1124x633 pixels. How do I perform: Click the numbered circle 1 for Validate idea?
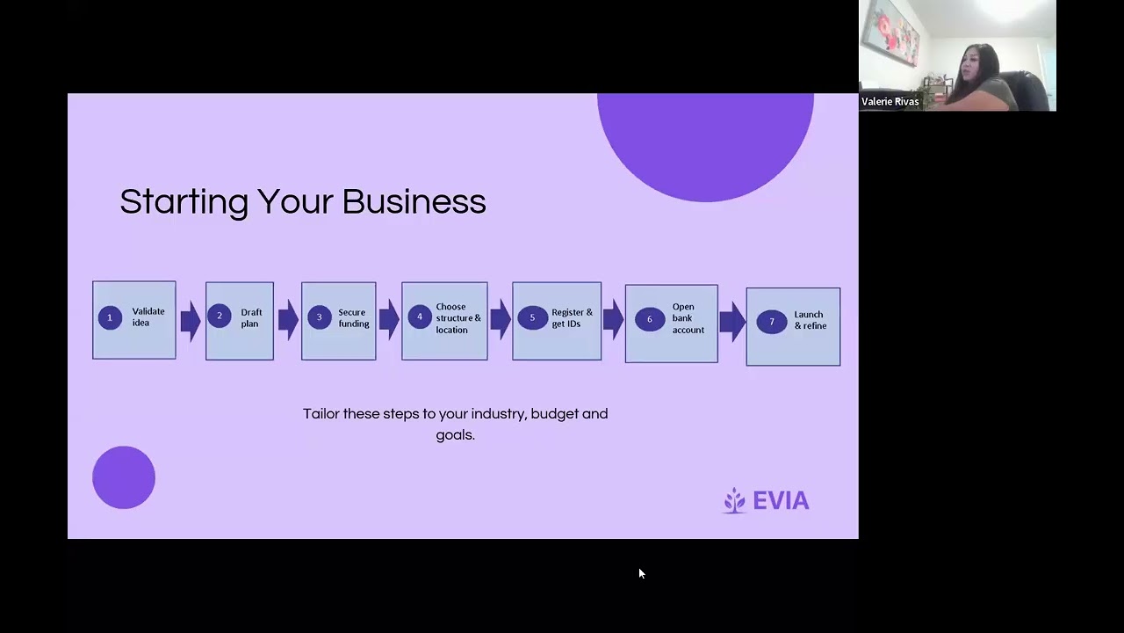pos(110,317)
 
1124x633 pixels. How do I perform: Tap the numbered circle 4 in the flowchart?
pos(419,317)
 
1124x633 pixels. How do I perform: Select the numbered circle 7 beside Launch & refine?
pos(772,322)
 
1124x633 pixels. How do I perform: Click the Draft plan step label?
pos(251,318)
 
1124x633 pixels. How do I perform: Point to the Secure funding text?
pos(353,318)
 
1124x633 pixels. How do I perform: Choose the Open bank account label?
pos(688,318)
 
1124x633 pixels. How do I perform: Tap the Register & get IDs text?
pos(572,318)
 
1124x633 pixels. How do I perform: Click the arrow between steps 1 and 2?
pos(191,320)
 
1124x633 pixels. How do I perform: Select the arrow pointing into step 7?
pos(731,322)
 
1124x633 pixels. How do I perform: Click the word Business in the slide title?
pos(414,201)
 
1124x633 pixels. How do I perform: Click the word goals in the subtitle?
pos(455,435)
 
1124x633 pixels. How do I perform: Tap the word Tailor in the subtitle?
pos(321,413)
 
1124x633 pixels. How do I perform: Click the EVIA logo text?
pos(781,501)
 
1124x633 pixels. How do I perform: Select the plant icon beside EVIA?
pos(734,500)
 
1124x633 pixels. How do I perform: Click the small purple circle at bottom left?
pos(124,477)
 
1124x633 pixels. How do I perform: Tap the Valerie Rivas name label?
pos(890,102)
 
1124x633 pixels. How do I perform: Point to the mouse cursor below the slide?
pos(641,573)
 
